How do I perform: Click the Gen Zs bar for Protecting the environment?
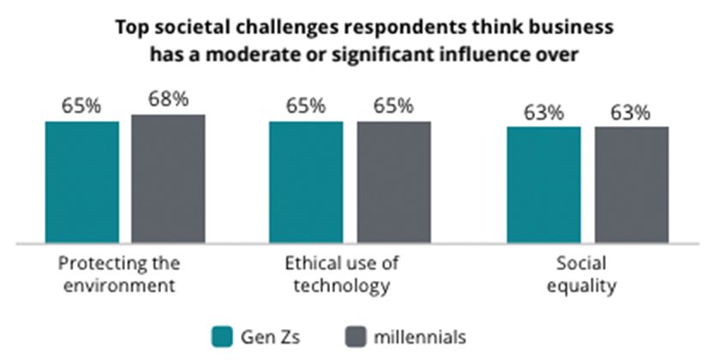[82, 182]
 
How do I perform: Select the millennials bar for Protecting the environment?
[168, 178]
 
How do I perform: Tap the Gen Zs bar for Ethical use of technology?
[306, 182]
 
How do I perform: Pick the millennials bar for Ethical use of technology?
[393, 182]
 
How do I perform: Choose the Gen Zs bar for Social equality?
[543, 184]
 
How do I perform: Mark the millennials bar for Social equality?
[631, 184]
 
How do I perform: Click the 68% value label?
[168, 99]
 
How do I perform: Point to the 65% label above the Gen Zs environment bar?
[82, 106]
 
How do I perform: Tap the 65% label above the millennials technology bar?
[393, 106]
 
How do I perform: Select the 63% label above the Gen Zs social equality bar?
[543, 112]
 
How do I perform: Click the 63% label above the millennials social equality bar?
[631, 112]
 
